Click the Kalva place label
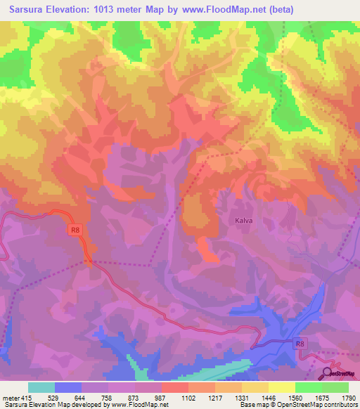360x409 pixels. (238, 220)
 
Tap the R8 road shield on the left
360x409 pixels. (75, 229)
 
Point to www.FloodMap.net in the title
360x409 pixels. (219, 9)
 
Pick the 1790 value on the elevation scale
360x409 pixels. (347, 398)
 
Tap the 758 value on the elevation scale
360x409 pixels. (108, 398)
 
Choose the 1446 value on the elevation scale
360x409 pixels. (269, 398)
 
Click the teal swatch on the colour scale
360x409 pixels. (41, 387)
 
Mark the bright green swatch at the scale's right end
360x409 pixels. (335, 387)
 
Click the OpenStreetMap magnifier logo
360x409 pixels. (327, 372)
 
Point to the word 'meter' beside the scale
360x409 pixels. (11, 398)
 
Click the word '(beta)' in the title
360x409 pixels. (278, 9)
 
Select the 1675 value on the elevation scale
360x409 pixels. (322, 398)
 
